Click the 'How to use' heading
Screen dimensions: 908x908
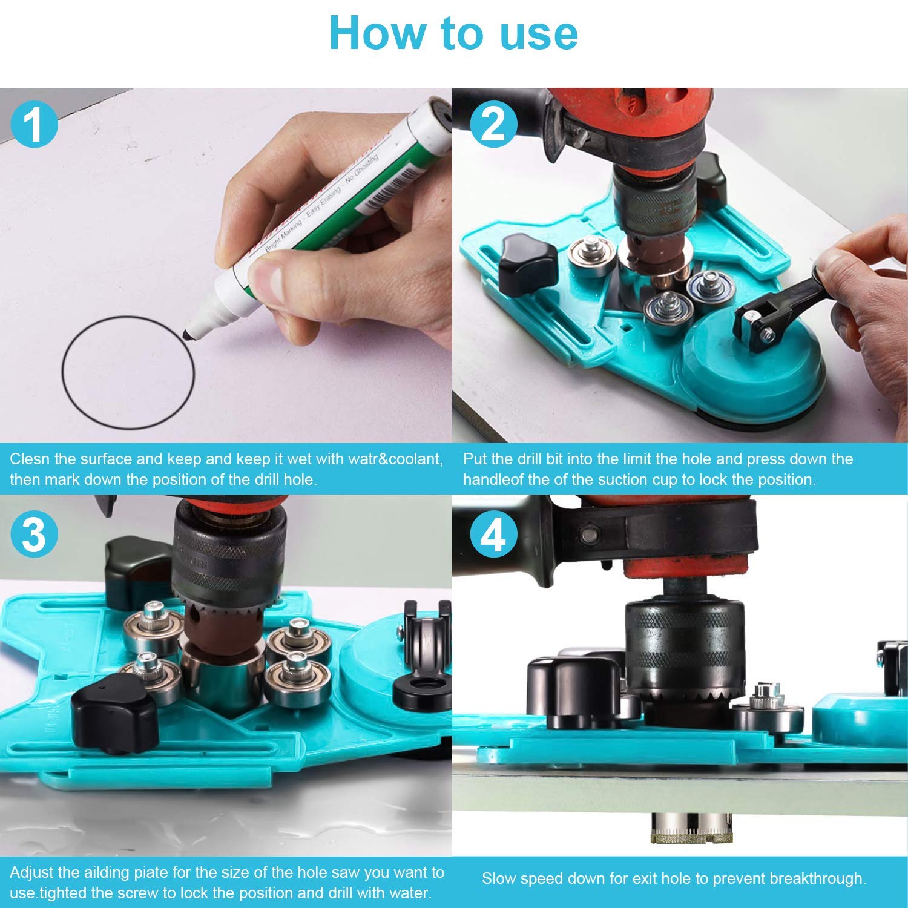click(x=453, y=33)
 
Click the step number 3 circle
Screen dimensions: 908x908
click(x=34, y=535)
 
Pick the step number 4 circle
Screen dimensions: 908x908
click(x=494, y=535)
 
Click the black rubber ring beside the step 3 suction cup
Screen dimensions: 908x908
click(x=422, y=692)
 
